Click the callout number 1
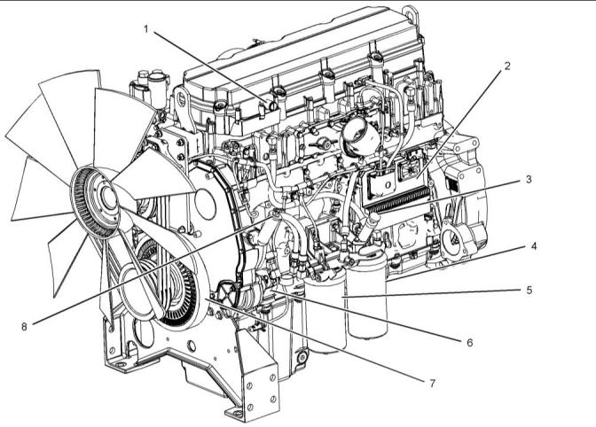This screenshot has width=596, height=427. coord(146,29)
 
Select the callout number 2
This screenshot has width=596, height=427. coord(507,66)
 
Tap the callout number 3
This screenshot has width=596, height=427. coord(529,179)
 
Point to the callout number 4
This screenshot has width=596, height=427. coord(534,246)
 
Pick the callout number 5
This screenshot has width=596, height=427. coord(529,291)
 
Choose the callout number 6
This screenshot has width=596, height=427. coord(470,342)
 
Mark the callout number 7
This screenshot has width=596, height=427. coord(432,384)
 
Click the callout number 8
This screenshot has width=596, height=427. coord(24,326)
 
